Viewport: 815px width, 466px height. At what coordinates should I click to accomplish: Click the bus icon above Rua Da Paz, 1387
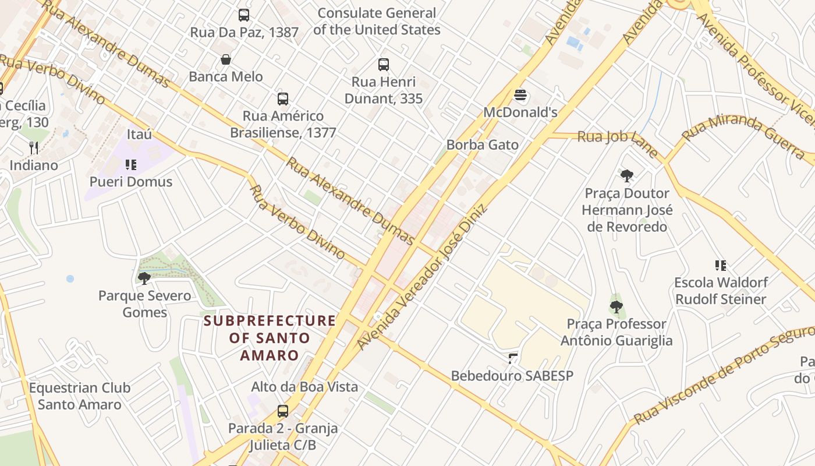244,15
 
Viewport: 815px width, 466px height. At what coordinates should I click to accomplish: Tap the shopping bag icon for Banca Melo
226,59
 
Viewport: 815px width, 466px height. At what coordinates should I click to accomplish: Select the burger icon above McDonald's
520,95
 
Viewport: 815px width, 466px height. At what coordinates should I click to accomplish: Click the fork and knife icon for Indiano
34,148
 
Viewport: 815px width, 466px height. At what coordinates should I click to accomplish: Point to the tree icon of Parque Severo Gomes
144,278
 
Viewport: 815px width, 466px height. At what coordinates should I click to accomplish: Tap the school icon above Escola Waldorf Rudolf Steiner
721,266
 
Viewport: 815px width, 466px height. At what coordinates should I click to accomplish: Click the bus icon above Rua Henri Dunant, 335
383,65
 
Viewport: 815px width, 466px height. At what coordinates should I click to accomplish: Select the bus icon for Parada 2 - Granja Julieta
283,411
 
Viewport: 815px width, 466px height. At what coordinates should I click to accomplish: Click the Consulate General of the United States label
377,21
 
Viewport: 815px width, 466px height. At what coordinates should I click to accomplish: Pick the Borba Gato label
482,144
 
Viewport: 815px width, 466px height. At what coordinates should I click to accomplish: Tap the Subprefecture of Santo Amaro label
270,338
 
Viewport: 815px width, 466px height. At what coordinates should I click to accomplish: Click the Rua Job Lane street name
617,140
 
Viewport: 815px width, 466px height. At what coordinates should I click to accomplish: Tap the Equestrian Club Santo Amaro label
80,396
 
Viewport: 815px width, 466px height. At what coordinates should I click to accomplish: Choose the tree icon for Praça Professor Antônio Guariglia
616,306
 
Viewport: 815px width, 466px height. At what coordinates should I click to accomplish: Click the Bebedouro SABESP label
512,376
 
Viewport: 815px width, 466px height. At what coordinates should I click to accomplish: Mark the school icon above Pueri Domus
131,165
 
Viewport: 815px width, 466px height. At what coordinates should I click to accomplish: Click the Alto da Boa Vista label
304,387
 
